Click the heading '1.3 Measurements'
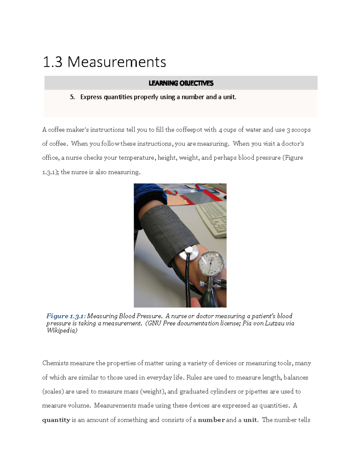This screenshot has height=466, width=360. coord(104,62)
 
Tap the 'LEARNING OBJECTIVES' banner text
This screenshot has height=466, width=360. coord(181,83)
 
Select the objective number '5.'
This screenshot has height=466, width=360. coord(72,97)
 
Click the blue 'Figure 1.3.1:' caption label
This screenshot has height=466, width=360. coord(66,316)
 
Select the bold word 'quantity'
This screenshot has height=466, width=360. coord(56,420)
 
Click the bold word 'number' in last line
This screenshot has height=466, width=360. coord(211,420)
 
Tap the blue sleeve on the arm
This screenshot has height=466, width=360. coord(147,195)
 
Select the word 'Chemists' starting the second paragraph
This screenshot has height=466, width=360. coord(55,363)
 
